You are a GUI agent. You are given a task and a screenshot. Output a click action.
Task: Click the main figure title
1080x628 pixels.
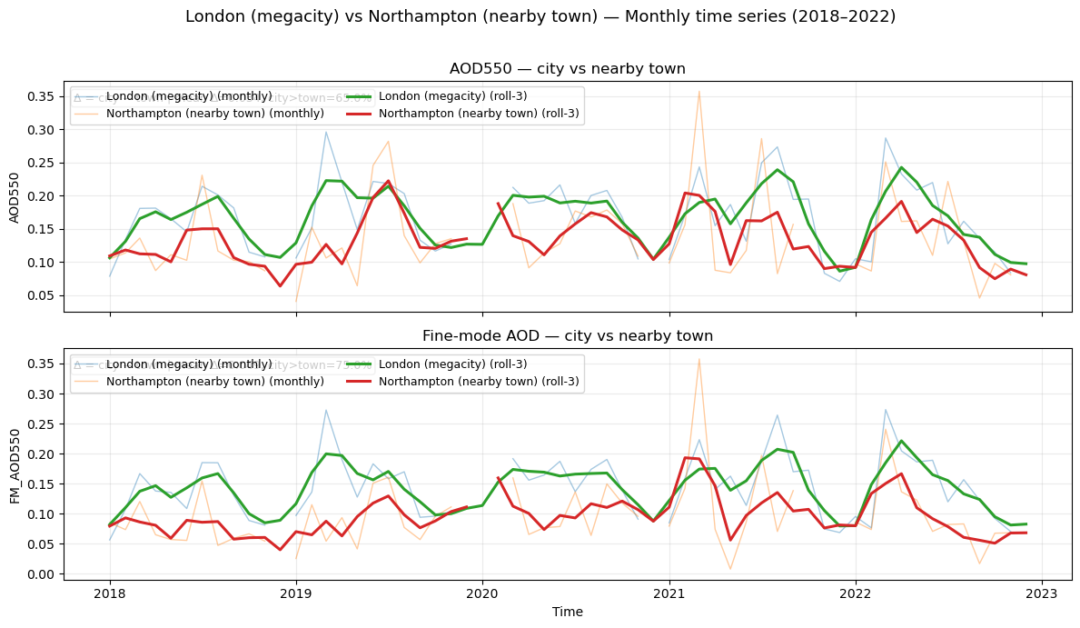point(540,16)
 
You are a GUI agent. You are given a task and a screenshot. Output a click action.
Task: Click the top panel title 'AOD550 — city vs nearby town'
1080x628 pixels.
point(568,69)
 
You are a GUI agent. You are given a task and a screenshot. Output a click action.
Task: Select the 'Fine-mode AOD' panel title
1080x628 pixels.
point(568,336)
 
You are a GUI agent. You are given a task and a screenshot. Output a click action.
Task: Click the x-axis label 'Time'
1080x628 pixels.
point(568,612)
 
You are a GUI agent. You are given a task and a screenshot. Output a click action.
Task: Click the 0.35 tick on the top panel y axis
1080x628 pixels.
point(43,96)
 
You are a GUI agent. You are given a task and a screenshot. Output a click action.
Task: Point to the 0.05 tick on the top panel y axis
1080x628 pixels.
point(43,295)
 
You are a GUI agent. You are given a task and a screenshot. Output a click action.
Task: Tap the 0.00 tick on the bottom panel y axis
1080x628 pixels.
point(43,574)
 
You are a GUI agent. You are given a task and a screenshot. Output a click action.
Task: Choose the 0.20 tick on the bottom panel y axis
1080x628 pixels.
point(43,454)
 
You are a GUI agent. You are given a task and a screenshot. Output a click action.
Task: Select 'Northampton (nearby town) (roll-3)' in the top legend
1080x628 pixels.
point(479,114)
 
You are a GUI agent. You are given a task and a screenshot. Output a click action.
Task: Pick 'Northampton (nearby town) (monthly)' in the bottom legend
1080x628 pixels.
point(215,382)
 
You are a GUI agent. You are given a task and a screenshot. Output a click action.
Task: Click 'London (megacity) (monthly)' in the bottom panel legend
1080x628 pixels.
point(189,364)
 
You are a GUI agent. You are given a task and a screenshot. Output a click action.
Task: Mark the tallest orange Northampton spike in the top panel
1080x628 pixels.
point(699,91)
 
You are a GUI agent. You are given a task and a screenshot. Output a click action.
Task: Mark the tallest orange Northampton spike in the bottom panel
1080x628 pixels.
point(699,359)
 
